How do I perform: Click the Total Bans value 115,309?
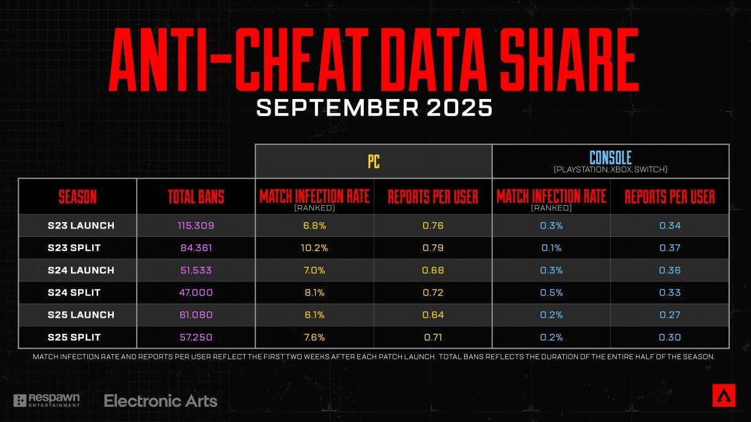coord(196,226)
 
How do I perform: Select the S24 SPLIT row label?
coord(74,292)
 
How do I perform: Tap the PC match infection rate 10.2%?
coord(314,248)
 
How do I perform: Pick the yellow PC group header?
coord(373,161)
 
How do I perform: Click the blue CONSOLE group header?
coord(610,158)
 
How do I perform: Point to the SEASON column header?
coord(77,197)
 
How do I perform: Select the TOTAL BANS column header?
coord(196,197)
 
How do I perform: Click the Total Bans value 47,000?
coord(196,292)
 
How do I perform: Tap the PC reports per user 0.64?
coord(433,315)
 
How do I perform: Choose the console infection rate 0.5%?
coord(552,292)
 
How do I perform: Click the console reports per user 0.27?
coord(669,315)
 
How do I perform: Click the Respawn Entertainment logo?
coord(47,400)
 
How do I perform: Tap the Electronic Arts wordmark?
coord(160,401)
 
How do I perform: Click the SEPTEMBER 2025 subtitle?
coord(374,108)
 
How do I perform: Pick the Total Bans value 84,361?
coord(196,248)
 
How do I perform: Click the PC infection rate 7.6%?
coord(314,337)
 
